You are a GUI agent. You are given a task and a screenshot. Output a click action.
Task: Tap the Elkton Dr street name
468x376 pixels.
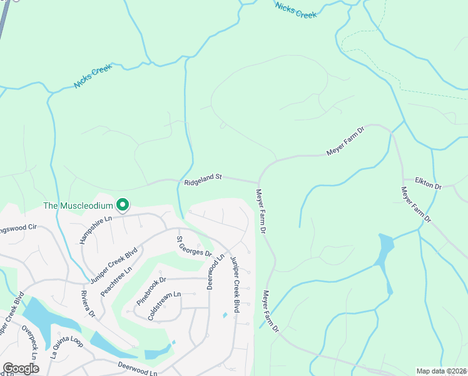[429, 186]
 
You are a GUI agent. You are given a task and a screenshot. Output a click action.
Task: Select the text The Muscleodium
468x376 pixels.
[78, 206]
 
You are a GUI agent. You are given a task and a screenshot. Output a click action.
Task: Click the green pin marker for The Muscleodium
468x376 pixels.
[123, 204]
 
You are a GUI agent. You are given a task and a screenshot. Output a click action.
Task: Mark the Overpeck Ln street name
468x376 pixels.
[29, 342]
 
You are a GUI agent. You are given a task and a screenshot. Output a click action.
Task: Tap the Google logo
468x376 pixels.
[21, 368]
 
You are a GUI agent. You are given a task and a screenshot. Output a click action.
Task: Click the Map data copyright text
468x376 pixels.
[442, 371]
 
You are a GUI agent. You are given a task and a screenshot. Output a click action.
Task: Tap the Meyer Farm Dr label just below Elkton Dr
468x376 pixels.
[416, 204]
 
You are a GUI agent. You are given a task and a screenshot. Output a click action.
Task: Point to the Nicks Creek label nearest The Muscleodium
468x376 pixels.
[93, 76]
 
